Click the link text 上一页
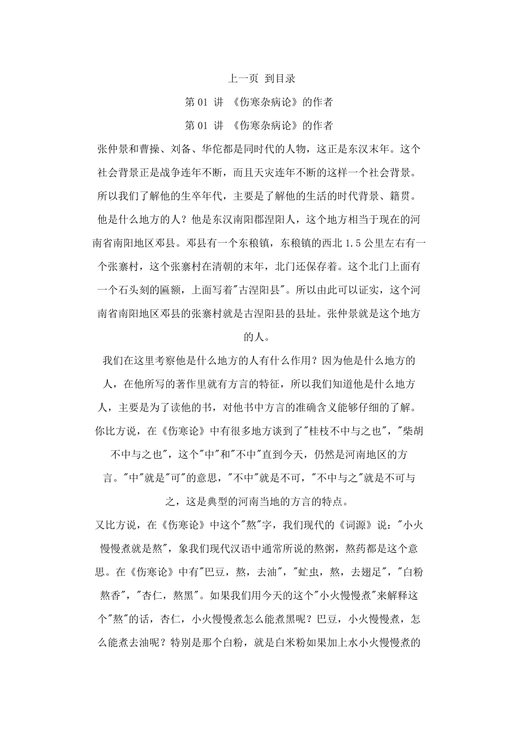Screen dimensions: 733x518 pos(243,79)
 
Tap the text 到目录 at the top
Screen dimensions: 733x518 pos(280,79)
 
